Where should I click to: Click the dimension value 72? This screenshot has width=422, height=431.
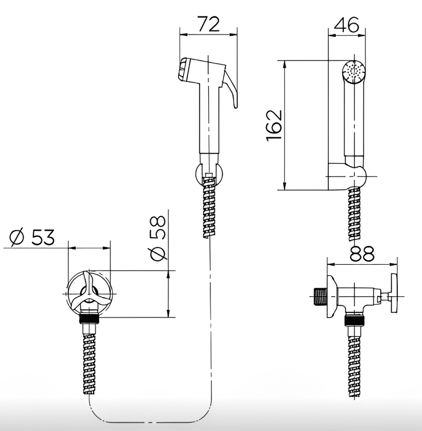point(209,24)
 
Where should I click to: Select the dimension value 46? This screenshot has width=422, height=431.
point(346,25)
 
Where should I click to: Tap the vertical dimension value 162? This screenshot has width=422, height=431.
point(274,126)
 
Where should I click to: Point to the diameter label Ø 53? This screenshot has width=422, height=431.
point(32,237)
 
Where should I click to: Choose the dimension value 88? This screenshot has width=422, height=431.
point(362,254)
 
